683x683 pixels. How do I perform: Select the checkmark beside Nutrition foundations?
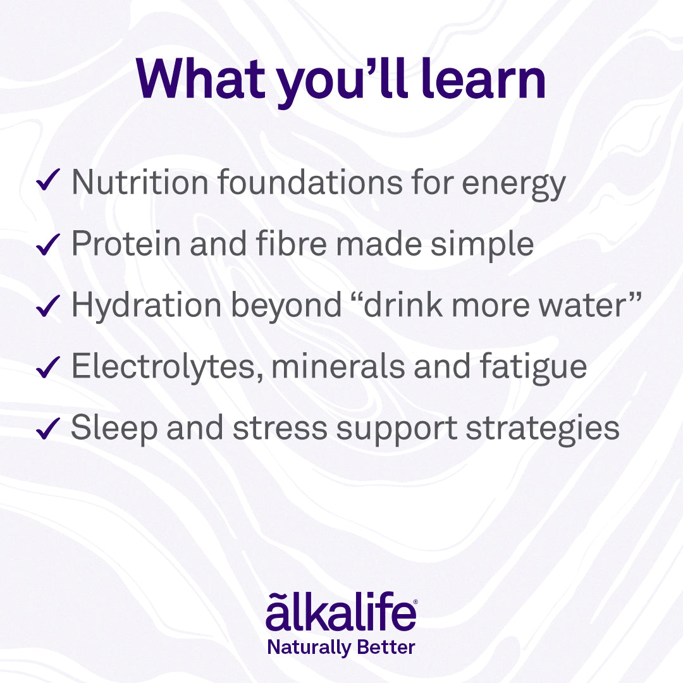coord(48,180)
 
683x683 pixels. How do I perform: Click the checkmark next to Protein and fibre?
coord(48,244)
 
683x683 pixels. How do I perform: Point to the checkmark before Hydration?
coord(48,305)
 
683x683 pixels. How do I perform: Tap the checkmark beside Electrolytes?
coord(48,367)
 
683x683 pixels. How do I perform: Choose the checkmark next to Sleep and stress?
coord(48,428)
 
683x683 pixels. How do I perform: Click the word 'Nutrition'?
coord(140,182)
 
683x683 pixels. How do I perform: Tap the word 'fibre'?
coord(291,243)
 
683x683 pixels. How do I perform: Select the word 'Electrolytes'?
coord(168,367)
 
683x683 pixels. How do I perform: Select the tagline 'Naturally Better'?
coord(341,648)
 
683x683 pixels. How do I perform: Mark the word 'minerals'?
coord(338,366)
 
